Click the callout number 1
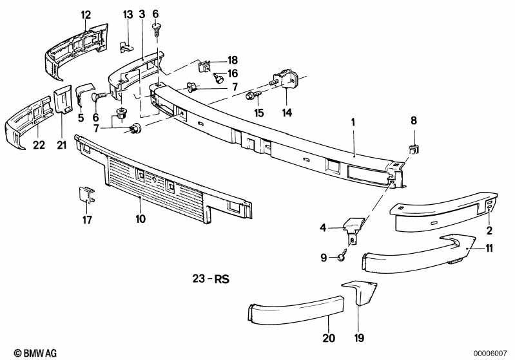(353, 121)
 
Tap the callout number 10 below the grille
(141, 219)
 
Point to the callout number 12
(86, 14)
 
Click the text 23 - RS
(211, 280)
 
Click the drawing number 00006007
(493, 352)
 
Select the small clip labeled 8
(413, 149)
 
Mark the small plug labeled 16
(220, 79)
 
